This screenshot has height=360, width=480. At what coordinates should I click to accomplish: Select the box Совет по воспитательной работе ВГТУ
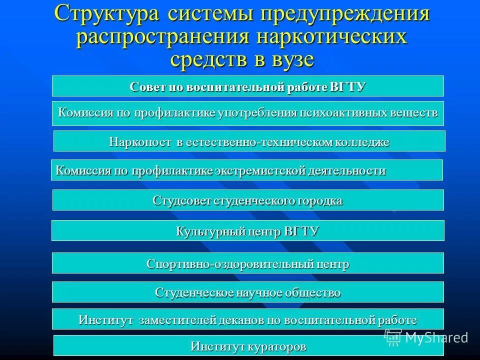(x=248, y=86)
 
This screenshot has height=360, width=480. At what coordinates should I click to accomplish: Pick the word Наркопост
(x=141, y=142)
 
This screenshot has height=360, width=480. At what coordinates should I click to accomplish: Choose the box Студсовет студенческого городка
(x=248, y=200)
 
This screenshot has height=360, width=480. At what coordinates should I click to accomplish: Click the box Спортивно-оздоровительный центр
(x=248, y=263)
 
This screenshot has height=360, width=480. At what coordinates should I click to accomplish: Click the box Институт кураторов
(x=248, y=345)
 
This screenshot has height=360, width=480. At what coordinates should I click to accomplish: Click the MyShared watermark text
(x=436, y=337)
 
